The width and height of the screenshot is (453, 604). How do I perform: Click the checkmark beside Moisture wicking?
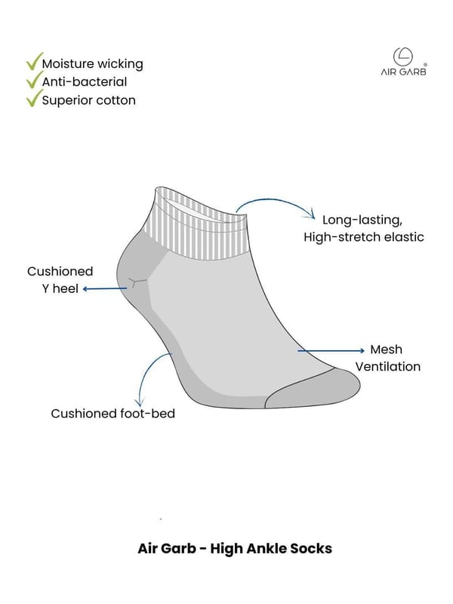34,62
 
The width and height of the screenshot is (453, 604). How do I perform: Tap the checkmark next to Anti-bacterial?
34,80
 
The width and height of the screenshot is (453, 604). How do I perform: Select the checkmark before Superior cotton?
34,98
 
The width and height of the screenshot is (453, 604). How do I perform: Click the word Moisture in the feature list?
63,63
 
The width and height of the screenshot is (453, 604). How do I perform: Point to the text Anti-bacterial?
85,82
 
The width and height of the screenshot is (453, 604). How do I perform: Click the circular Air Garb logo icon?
403,57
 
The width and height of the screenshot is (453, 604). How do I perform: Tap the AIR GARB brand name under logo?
403,72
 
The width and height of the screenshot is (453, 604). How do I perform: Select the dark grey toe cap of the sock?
313,388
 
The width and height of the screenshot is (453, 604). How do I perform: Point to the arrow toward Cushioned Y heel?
105,288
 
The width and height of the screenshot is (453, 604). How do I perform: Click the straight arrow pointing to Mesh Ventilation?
331,350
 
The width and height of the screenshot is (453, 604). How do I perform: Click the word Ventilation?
387,366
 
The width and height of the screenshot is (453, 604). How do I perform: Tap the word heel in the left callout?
66,288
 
